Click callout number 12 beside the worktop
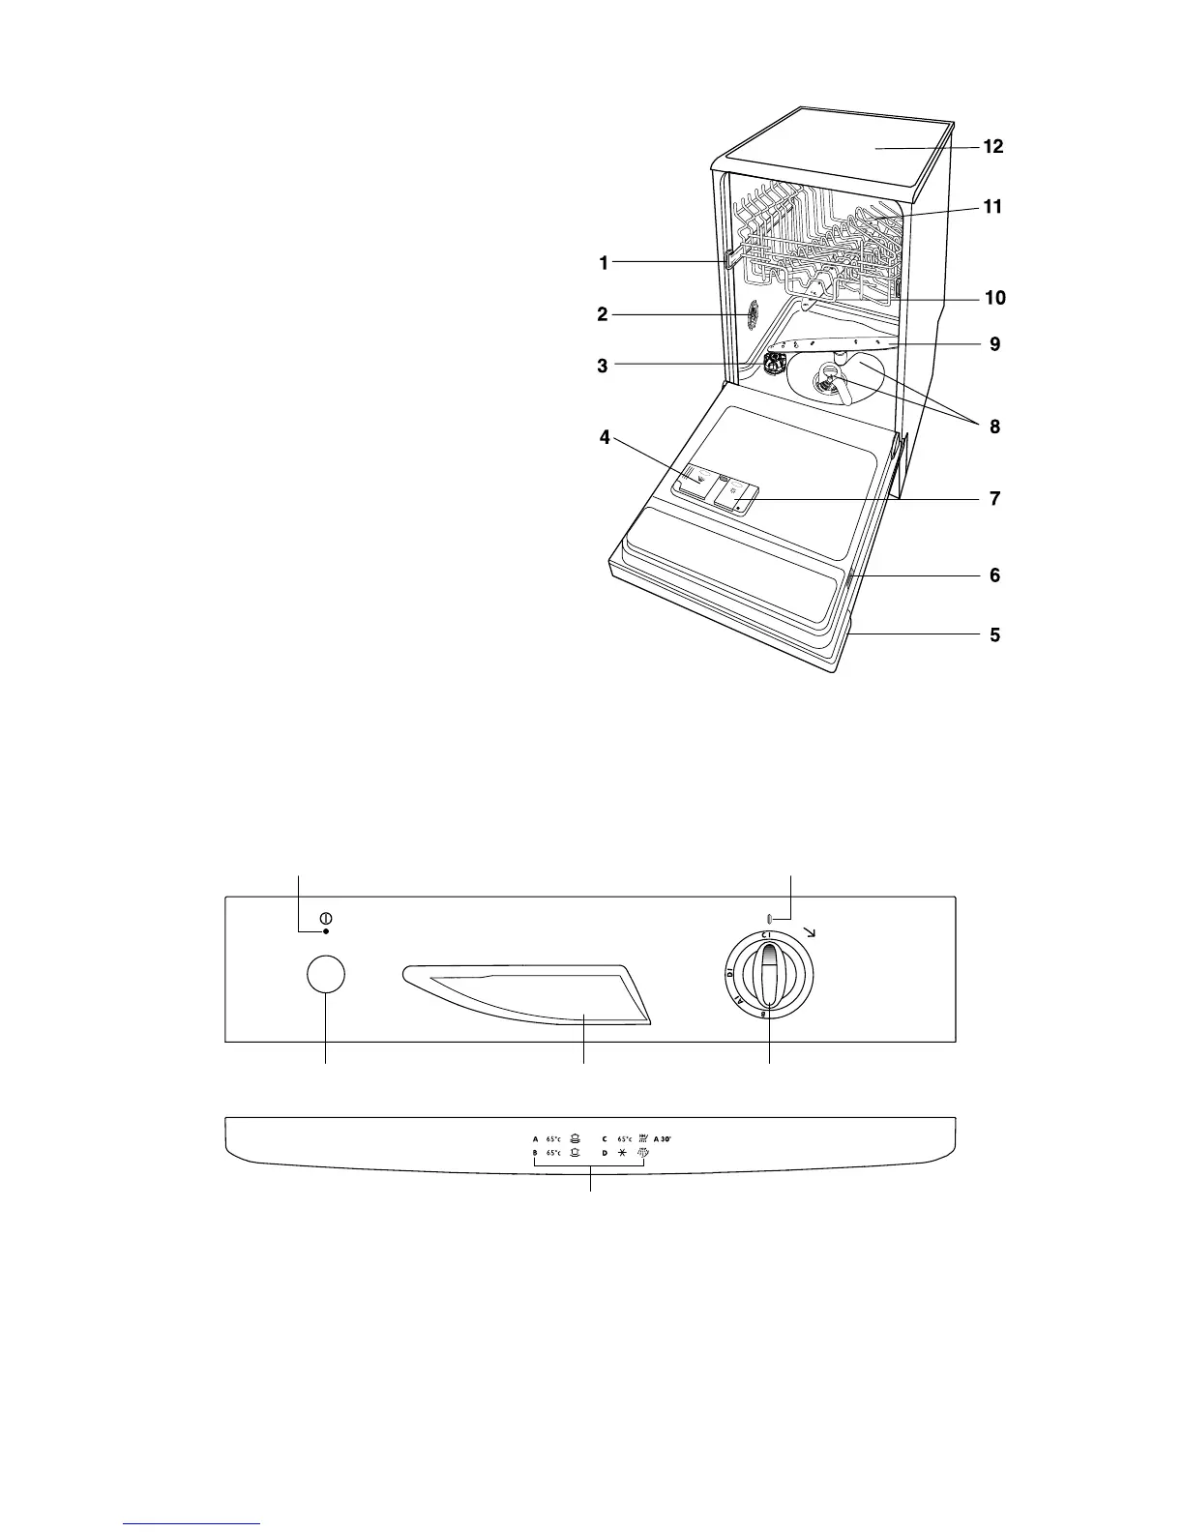(992, 147)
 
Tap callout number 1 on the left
(603, 262)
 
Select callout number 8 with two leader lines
(994, 426)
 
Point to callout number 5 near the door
(994, 635)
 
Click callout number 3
(603, 366)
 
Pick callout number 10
(995, 298)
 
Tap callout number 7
(994, 499)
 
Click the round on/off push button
(326, 975)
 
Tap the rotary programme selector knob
(769, 977)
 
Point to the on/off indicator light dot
(326, 930)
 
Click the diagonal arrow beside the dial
(809, 932)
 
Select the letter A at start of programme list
(535, 1138)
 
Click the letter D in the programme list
(605, 1154)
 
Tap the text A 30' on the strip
(662, 1138)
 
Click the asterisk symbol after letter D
(622, 1154)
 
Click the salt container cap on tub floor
(774, 365)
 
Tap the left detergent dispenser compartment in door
(697, 478)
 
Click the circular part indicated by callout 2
(751, 313)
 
